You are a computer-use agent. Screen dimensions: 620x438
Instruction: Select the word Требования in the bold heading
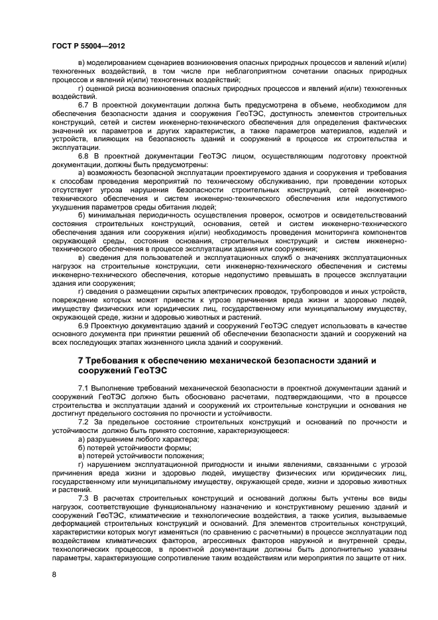[x=115, y=360]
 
